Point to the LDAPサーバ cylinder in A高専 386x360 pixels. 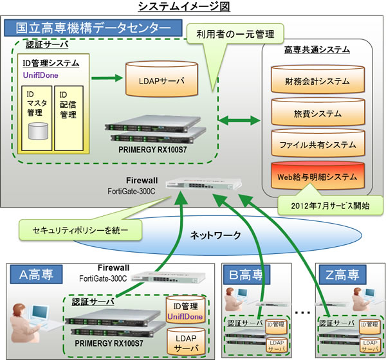coord(185,340)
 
